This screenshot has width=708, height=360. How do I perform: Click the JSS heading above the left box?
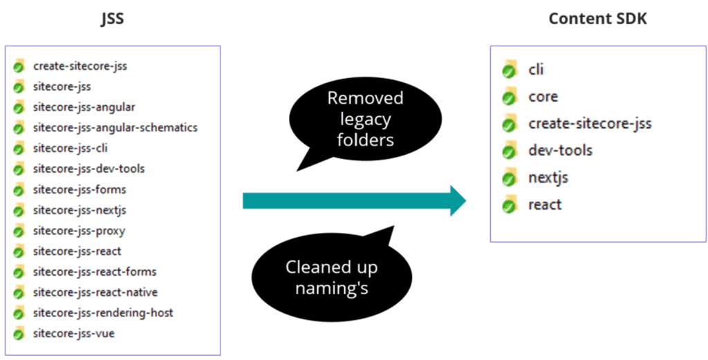tap(113, 19)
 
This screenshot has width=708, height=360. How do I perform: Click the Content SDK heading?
tap(597, 19)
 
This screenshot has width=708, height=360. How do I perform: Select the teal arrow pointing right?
tap(355, 201)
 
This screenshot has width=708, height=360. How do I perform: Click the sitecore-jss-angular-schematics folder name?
tap(115, 128)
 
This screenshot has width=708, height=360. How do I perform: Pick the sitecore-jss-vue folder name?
tap(73, 334)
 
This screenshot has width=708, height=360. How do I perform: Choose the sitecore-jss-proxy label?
tap(79, 231)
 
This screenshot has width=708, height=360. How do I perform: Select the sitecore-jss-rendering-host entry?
tap(103, 312)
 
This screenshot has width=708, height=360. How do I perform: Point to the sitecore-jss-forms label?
tap(80, 189)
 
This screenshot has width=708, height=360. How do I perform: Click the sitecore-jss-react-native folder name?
tap(95, 292)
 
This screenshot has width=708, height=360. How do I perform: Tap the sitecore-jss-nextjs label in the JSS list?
tap(80, 210)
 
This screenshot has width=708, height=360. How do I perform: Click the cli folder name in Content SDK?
tap(536, 70)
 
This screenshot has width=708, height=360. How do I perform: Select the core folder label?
tap(543, 97)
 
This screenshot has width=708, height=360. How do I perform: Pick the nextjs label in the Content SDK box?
tap(548, 178)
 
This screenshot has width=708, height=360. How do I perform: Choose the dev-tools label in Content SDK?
tap(560, 150)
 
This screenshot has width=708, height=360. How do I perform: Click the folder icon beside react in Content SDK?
tap(510, 205)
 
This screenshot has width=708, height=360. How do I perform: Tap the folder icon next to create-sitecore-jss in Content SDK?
tap(510, 124)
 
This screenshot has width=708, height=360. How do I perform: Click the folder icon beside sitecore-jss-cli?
tap(19, 149)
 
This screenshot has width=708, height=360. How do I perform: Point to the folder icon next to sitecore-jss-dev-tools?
tap(19, 169)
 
